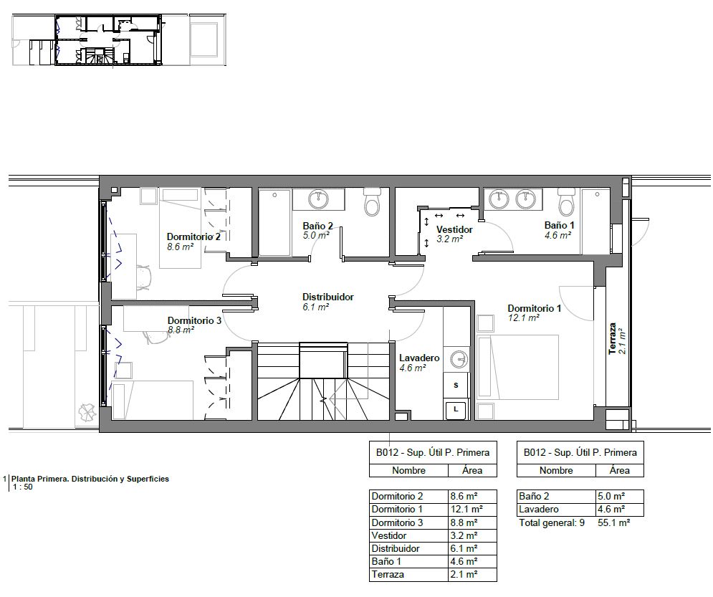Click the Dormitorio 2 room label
193,237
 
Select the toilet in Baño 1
567,202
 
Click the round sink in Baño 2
318,199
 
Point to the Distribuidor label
328,297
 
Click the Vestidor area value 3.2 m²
450,239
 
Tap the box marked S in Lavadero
456,386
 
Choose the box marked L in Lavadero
456,410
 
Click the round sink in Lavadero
459,359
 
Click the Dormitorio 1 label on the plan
535,309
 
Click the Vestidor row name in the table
389,535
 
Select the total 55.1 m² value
613,523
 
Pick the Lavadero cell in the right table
538,510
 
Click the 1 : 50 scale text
23,487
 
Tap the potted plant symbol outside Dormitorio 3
87,412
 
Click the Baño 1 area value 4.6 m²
558,236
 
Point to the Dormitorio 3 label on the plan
194,320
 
